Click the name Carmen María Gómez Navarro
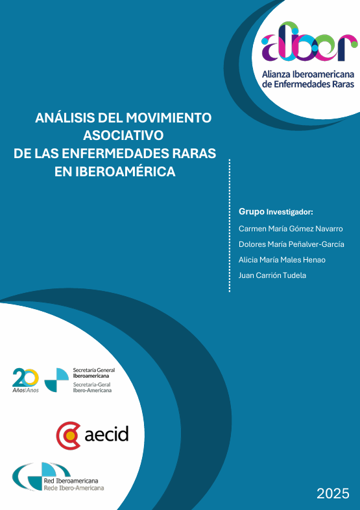291,229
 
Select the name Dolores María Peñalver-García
291,244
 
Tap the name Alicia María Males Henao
282,260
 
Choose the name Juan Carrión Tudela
272,275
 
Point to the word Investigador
290,212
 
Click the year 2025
333,493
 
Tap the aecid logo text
106,434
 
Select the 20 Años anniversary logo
26,379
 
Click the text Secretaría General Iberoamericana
90,373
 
